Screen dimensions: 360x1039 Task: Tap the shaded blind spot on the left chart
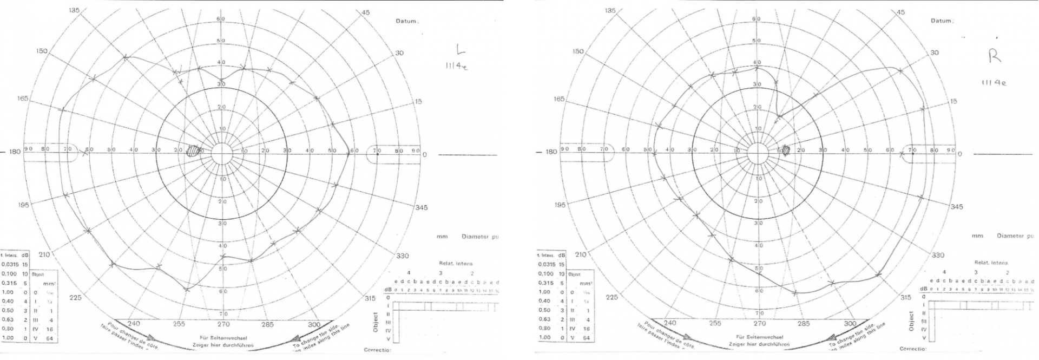click(x=193, y=151)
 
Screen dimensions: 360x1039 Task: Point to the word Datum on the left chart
click(x=406, y=21)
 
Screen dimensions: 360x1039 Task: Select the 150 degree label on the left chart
click(x=42, y=51)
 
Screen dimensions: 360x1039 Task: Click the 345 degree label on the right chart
click(x=957, y=207)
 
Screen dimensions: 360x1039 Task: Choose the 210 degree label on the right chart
click(x=580, y=254)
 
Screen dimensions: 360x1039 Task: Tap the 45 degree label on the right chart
click(x=901, y=12)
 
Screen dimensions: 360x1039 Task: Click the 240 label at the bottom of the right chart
click(x=670, y=323)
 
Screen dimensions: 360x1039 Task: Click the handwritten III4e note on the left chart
click(x=452, y=67)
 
